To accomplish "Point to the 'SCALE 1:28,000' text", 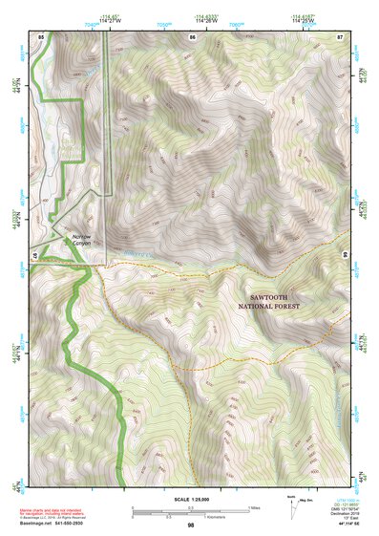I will coord(190,500).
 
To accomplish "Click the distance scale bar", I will coord(190,510).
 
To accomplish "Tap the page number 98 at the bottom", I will coord(190,525).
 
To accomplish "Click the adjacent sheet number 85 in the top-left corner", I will coord(41,36).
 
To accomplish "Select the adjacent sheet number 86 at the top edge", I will coord(192,36).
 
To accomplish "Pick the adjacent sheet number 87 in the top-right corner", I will coord(339,36).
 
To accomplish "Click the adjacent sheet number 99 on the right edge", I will coord(344,255).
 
